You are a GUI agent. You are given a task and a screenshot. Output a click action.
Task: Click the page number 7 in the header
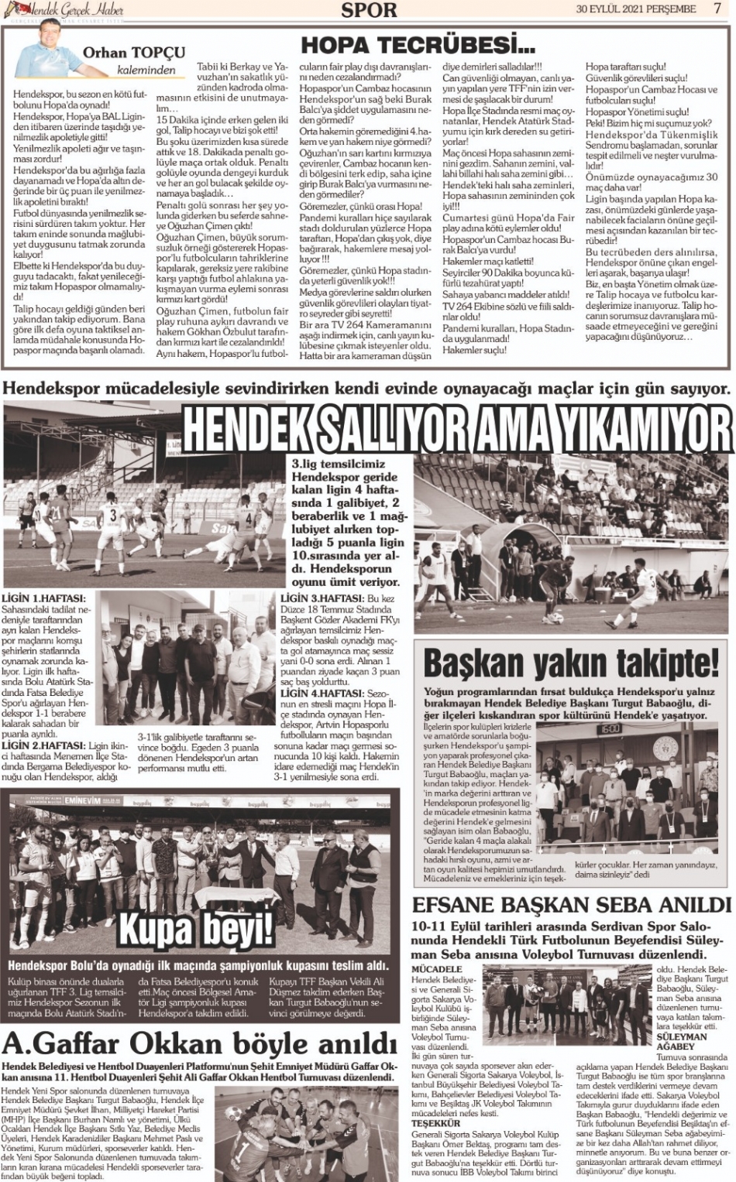tap(717, 9)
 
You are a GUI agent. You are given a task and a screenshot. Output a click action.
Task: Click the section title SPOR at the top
tap(369, 10)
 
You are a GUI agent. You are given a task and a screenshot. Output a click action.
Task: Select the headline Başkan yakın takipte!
tap(571, 665)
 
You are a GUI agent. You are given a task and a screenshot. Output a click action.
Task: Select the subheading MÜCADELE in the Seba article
tap(437, 969)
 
